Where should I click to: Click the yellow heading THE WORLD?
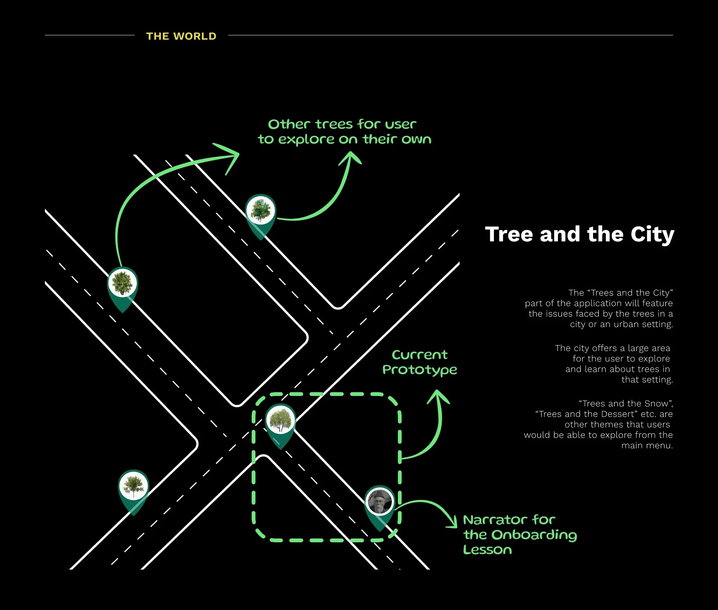point(181,36)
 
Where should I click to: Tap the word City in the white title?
point(652,234)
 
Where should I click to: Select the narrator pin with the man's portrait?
point(380,502)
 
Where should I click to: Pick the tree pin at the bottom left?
point(134,486)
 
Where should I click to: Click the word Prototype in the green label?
point(420,370)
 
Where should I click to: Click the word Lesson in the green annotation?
point(487,550)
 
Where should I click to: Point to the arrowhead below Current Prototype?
point(438,396)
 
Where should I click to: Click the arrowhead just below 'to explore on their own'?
point(350,158)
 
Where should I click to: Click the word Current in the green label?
point(420,355)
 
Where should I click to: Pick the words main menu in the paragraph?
point(647,445)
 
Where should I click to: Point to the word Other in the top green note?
point(289,124)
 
